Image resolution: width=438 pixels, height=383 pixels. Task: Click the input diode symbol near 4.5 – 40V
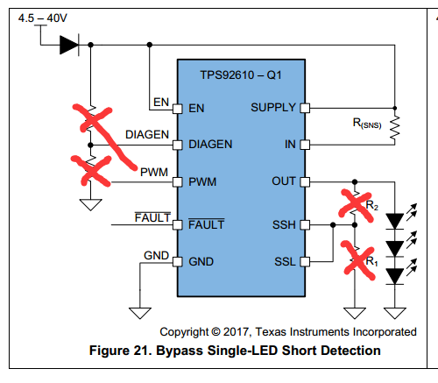[69, 45]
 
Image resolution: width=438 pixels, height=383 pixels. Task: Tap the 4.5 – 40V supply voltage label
[43, 18]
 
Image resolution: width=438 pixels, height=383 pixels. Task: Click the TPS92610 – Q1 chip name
[241, 75]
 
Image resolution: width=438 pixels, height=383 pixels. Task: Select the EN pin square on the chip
[178, 109]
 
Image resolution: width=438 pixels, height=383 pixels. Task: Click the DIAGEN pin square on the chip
[178, 145]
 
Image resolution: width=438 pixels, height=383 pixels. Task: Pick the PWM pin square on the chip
[178, 182]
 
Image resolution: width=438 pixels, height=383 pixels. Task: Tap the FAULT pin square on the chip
[178, 225]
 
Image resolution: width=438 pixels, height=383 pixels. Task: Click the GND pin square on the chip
[178, 262]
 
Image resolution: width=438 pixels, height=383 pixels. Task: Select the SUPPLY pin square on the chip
[305, 108]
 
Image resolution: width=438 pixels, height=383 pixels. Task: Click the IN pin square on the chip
[305, 145]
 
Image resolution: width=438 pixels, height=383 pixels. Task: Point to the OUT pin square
[305, 182]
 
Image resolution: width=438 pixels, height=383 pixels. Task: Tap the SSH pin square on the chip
[305, 225]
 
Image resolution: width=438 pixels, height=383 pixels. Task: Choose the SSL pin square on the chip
[305, 262]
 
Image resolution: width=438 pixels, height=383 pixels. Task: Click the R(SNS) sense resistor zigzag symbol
[395, 128]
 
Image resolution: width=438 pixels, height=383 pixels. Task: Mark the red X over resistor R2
[357, 206]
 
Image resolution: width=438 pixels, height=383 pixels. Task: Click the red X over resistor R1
[358, 260]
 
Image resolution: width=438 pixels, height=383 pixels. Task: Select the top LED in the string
[395, 221]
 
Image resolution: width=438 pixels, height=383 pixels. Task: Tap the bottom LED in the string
[395, 276]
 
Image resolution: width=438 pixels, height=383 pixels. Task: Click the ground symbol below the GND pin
[140, 313]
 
